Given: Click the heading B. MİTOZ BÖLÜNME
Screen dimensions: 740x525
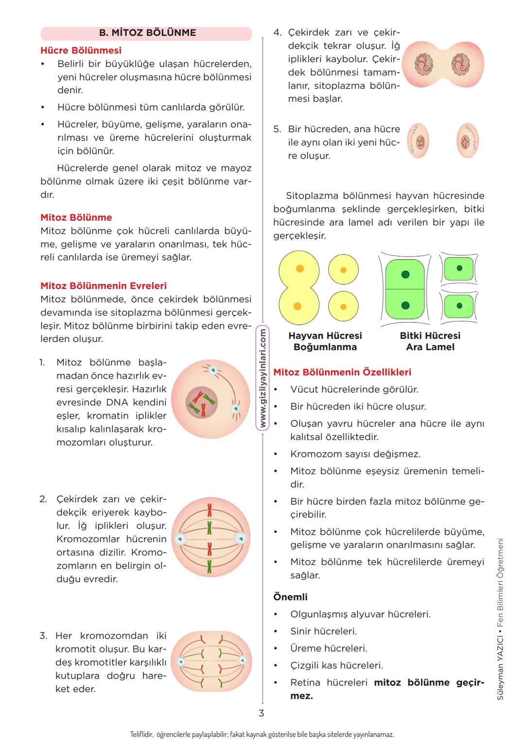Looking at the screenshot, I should point(147,33).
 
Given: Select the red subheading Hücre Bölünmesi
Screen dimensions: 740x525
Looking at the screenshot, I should point(81,51).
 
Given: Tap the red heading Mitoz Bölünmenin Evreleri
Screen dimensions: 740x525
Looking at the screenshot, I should point(103,286).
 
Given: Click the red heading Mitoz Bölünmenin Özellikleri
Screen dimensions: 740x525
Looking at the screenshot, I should point(342,372).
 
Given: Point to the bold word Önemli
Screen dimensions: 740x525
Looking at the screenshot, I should point(290,597).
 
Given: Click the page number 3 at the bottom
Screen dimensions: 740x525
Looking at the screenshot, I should point(261,713).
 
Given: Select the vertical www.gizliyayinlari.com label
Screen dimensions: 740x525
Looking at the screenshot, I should point(262,378).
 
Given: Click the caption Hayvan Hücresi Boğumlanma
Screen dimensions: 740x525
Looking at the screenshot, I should point(325,341).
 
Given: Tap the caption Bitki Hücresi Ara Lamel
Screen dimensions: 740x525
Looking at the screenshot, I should point(430,341).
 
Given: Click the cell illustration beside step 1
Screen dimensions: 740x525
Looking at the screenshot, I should point(210,399).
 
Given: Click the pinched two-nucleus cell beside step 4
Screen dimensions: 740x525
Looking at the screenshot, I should point(443,65).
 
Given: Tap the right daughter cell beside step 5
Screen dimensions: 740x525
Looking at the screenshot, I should point(468,141).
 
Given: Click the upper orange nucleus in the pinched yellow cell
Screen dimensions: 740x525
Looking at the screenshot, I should point(300,269).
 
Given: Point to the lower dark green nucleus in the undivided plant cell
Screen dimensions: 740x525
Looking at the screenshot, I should point(405,306).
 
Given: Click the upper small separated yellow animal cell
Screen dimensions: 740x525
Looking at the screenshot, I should point(343,270).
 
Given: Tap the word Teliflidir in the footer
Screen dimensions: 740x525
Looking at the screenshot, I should point(142,734).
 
